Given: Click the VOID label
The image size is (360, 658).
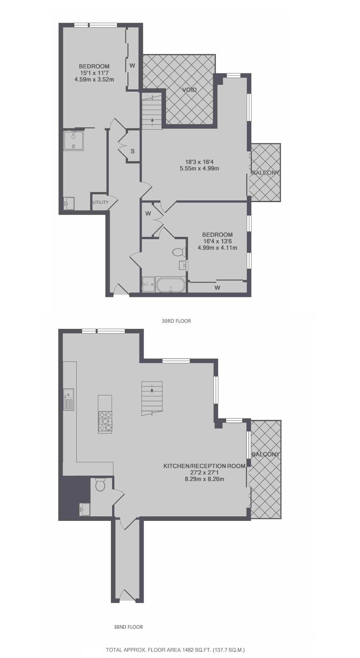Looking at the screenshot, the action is (189, 90).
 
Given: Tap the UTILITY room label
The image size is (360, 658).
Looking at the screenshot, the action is (100, 202).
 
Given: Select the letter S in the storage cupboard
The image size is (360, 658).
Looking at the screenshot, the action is (133, 151).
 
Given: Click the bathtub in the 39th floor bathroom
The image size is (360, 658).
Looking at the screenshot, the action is (171, 285).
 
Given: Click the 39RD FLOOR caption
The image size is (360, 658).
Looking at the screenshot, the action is (176, 321).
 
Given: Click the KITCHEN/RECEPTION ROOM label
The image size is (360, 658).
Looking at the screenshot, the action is (204, 466).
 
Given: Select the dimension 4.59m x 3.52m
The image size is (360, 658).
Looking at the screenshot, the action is (94, 79).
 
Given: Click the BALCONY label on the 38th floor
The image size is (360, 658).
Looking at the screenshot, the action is (266, 454).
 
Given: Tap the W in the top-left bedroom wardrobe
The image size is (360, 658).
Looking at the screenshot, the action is (132, 65).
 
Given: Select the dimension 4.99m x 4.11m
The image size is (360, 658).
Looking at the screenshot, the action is (217, 248).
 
